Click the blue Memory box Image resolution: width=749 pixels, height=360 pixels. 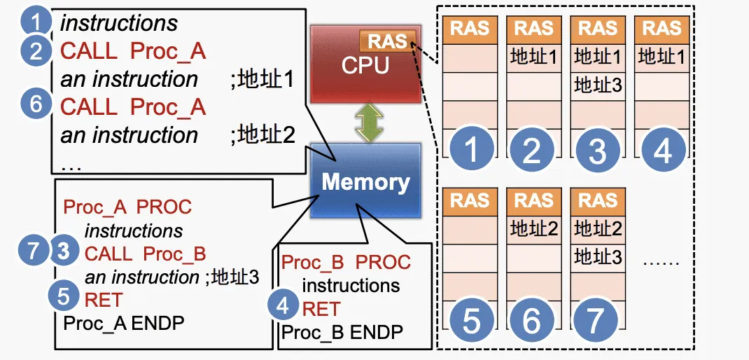point(365,182)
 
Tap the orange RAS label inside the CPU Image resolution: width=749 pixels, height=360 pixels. point(388,41)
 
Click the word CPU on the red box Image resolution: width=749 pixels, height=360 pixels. point(363,65)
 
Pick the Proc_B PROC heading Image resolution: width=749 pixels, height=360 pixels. point(346,263)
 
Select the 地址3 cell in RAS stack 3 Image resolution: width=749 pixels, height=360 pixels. point(598,85)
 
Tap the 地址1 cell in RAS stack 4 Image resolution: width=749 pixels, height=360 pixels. point(661,57)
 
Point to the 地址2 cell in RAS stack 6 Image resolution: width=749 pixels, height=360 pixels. point(534,228)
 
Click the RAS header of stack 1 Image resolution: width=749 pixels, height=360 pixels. point(470,29)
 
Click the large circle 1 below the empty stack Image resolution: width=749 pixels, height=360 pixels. point(470,150)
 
